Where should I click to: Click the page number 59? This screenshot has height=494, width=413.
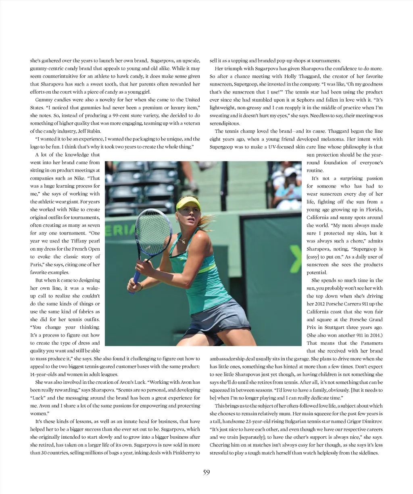click(206, 473)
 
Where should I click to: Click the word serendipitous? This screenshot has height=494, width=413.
click(225, 123)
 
